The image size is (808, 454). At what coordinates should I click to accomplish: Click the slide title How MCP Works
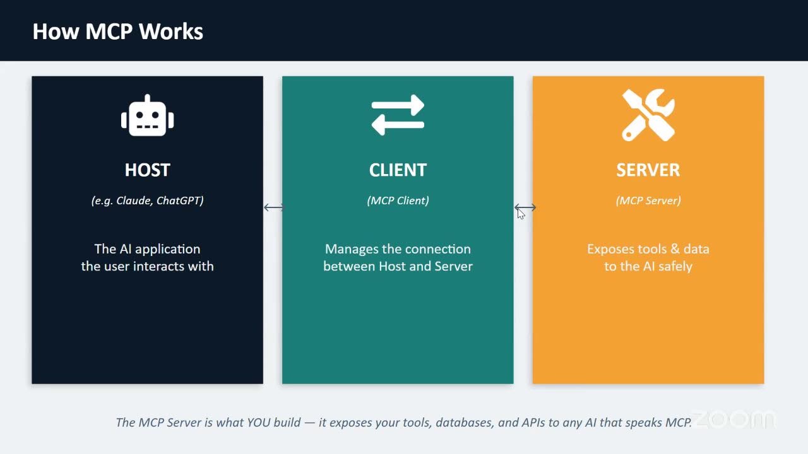(x=117, y=32)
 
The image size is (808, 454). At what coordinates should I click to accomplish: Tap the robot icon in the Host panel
(x=147, y=115)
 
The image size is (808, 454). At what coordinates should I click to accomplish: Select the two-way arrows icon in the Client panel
(x=398, y=115)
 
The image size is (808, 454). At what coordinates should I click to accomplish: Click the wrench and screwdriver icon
(x=648, y=115)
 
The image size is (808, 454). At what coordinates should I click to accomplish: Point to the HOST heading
(x=147, y=170)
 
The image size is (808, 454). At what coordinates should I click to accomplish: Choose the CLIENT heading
(x=398, y=170)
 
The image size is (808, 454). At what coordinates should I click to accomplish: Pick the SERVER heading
(x=648, y=170)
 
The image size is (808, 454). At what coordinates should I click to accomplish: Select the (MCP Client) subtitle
(x=398, y=201)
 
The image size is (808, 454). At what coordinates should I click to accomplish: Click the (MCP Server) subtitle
(x=648, y=201)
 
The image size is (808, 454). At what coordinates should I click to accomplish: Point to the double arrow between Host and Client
(x=274, y=207)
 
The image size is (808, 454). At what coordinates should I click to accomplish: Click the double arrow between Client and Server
(x=525, y=207)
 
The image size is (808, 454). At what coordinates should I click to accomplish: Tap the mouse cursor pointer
(x=521, y=213)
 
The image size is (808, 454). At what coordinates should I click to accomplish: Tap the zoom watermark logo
(x=734, y=419)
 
